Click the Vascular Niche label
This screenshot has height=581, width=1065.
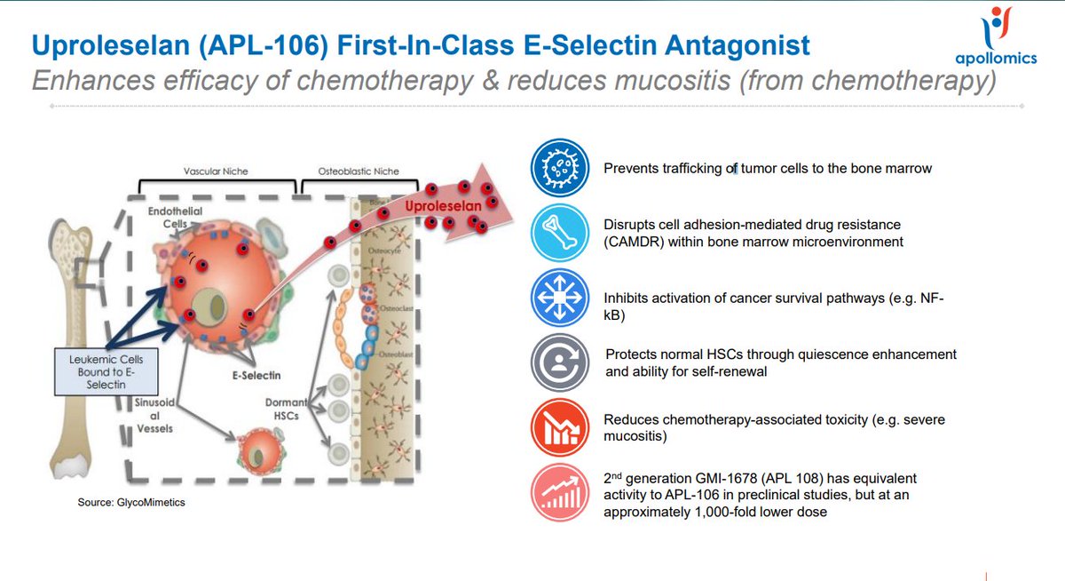click(x=215, y=171)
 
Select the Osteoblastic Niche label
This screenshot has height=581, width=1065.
click(x=359, y=171)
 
